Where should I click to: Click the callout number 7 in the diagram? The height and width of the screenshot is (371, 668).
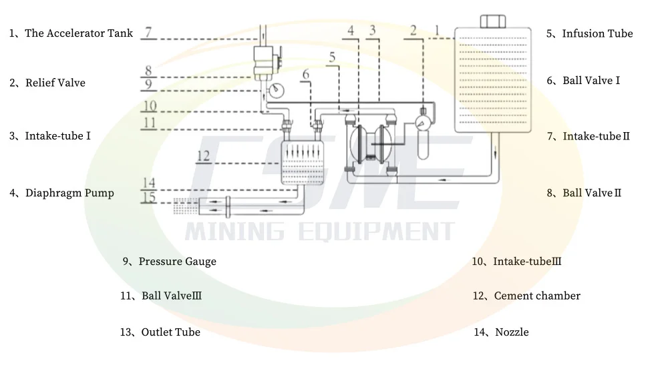coord(148,31)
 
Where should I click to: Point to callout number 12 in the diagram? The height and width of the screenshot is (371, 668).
coord(204,155)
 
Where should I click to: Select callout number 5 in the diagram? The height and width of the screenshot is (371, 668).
coord(332,57)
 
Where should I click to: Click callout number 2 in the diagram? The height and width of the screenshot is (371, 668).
coord(413,30)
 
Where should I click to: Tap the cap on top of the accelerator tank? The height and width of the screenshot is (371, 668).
coord(492,19)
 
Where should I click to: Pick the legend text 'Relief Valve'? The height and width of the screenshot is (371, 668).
coord(55,83)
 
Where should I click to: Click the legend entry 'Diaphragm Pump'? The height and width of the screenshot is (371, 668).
coord(69,194)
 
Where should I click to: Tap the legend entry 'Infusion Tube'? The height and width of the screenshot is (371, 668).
coord(597,34)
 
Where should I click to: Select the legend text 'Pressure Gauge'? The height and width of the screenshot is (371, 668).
coord(177,262)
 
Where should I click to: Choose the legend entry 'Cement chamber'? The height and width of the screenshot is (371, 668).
coord(537,296)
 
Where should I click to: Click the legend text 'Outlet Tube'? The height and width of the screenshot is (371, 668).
coord(170,332)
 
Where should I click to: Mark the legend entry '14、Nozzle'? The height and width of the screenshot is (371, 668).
coord(502,332)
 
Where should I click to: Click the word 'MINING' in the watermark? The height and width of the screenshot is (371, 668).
coord(234,232)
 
